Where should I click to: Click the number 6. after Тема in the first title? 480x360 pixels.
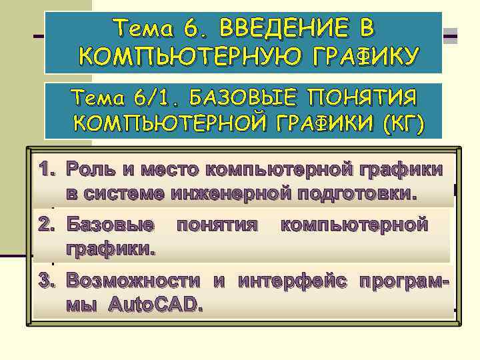point(195,28)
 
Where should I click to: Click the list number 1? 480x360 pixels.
point(46,169)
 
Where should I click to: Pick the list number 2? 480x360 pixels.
point(46,225)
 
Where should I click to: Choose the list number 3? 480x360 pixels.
point(46,281)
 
